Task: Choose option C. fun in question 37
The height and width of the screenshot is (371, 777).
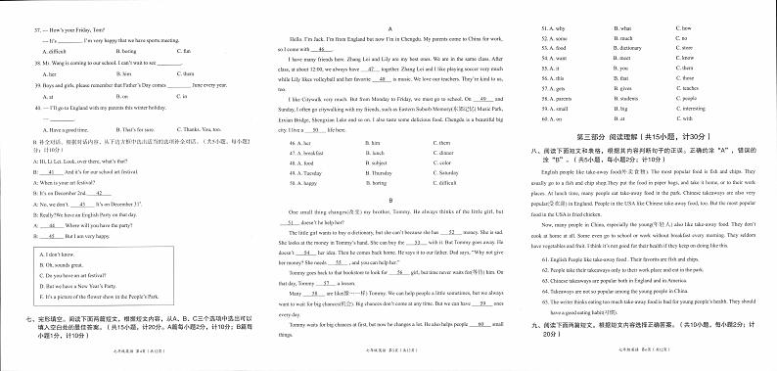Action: click(183, 51)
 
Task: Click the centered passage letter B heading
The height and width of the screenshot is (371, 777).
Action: click(390, 198)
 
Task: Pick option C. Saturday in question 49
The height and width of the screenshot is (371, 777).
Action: click(446, 172)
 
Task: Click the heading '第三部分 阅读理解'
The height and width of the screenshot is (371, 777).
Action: click(646, 134)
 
